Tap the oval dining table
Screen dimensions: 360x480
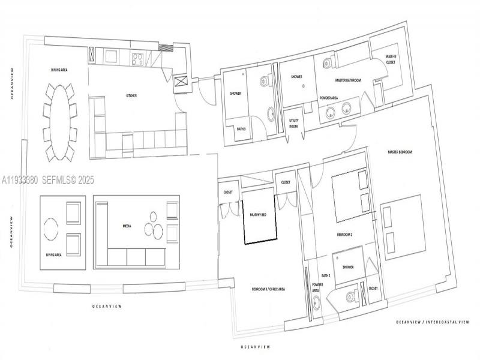[58, 121]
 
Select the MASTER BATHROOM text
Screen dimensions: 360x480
[347, 80]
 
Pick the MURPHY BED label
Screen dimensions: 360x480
[259, 214]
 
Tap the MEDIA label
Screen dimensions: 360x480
[127, 226]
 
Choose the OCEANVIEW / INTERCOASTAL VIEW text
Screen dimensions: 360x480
[432, 322]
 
